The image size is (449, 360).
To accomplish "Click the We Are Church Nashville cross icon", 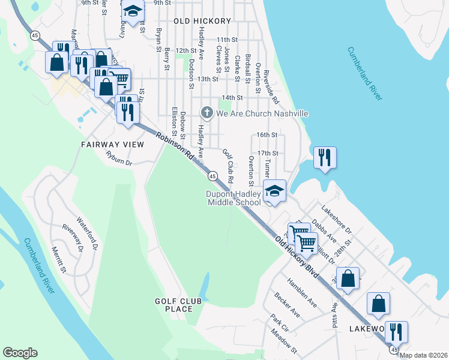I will [206, 113].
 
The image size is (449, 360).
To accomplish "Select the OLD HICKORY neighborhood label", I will [202, 21].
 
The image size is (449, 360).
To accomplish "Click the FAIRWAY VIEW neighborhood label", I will [113, 145].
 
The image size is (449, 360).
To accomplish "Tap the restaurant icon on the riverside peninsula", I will [325, 158].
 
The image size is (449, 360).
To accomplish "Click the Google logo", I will [20, 353].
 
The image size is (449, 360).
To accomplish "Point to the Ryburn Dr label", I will [118, 158].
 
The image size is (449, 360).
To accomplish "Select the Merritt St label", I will [58, 259].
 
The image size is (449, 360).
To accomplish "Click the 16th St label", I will [266, 136].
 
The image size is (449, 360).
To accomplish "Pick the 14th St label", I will [232, 97].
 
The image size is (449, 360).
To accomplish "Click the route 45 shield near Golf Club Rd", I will [212, 176].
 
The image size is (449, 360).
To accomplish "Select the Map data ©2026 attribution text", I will [424, 355].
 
